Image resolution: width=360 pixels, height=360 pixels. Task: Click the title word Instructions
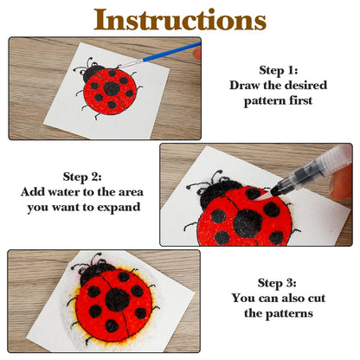[180, 20]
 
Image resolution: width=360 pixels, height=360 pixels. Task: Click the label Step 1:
[279, 70]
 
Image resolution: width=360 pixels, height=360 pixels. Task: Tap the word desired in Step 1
[305, 86]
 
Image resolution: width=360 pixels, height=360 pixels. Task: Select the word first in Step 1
[301, 100]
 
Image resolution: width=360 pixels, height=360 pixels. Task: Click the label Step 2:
[82, 177]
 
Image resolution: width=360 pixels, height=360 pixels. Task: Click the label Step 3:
[277, 283]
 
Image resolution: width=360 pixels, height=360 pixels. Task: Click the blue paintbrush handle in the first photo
[172, 52]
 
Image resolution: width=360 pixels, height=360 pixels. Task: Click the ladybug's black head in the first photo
[93, 73]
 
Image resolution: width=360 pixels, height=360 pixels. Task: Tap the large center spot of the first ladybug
[112, 89]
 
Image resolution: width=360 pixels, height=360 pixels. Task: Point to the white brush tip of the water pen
[264, 196]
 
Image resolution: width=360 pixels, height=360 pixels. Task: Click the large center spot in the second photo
[247, 223]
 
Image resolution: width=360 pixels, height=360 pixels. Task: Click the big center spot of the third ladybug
[118, 300]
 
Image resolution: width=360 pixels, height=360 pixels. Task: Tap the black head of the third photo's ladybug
[94, 273]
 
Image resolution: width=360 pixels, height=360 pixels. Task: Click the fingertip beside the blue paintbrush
[197, 53]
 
